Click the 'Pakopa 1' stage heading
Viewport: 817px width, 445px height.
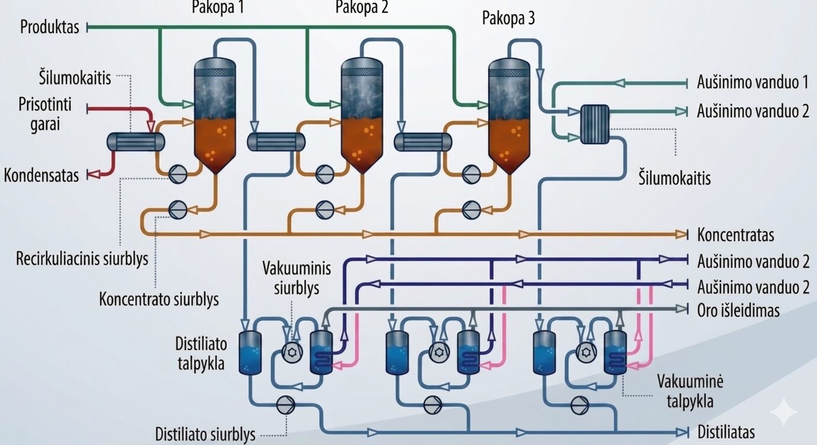tap(218, 7)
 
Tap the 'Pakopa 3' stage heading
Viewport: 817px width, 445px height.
tap(509, 18)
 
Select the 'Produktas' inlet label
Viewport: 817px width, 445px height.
tap(50, 27)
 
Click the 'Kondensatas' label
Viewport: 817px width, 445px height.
tap(41, 175)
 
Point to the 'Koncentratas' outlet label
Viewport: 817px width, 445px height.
tap(736, 235)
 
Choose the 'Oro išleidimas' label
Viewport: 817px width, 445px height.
tap(738, 310)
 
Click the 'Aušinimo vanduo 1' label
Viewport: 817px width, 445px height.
tap(753, 82)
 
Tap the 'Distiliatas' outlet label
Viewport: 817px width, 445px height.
tap(726, 432)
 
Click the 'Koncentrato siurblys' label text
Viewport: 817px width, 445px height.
tap(159, 299)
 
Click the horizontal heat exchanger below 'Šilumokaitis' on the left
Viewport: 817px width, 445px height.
tap(136, 142)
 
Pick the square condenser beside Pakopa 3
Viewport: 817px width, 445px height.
tap(594, 124)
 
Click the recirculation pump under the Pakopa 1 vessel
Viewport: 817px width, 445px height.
tap(178, 174)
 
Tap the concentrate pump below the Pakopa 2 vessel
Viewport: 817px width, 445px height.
tap(324, 209)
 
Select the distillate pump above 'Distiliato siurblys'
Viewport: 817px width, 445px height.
tap(285, 405)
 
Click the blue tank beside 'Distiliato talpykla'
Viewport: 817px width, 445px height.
tap(250, 353)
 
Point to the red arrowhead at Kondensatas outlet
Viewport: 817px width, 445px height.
tap(95, 175)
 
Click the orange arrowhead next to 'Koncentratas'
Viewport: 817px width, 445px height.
tap(681, 234)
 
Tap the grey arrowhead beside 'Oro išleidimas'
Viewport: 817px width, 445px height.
tap(681, 309)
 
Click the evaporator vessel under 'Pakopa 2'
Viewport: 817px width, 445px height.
tap(362, 116)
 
